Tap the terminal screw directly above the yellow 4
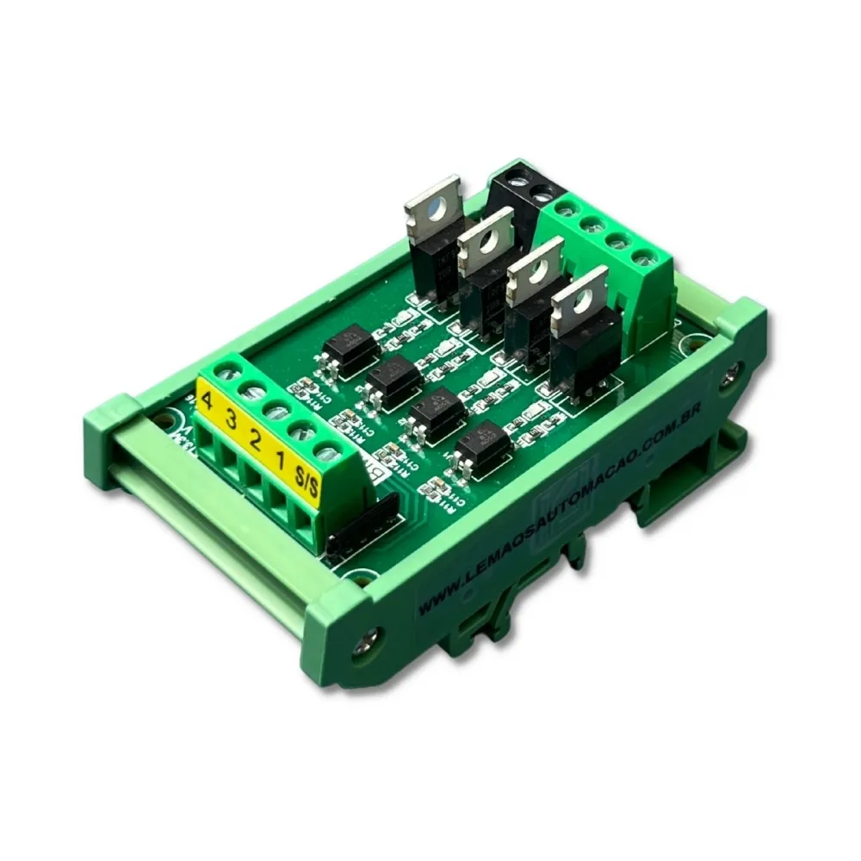pos(226,372)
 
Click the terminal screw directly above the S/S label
pos(325,449)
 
